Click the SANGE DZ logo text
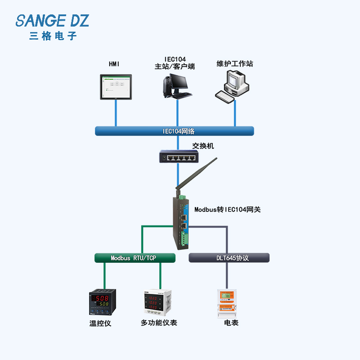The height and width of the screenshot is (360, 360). [52, 21]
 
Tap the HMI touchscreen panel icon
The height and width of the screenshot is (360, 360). [116, 87]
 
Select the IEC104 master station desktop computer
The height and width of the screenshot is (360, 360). [177, 86]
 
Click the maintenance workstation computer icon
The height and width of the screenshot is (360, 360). [232, 86]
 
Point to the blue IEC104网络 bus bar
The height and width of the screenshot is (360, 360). [175, 131]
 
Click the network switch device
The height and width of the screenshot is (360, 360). [179, 156]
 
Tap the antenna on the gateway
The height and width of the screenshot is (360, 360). [196, 175]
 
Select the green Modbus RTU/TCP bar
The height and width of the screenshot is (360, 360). [135, 258]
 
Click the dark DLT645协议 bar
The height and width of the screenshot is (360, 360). [229, 257]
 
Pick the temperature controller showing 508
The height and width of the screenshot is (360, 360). [103, 302]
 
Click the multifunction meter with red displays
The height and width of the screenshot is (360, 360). [157, 302]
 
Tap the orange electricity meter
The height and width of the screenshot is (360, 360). [227, 303]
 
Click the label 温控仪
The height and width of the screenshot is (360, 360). [100, 323]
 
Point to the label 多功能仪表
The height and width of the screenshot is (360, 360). [159, 323]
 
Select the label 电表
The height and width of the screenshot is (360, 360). [231, 323]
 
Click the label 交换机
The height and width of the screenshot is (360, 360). [203, 146]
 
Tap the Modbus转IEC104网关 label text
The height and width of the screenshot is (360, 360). [228, 209]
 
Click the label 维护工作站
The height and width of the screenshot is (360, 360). [235, 63]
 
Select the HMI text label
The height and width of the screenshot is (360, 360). [114, 64]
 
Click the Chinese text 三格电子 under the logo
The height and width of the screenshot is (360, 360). [53, 36]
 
